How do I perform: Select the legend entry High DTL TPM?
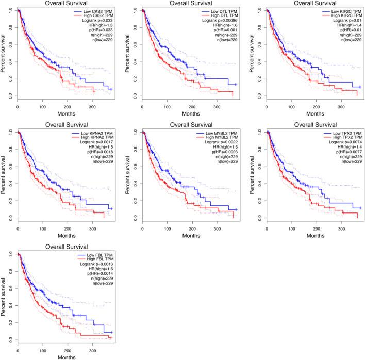[221, 15]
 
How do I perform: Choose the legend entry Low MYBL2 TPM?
[220, 133]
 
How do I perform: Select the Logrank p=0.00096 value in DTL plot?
[219, 21]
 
